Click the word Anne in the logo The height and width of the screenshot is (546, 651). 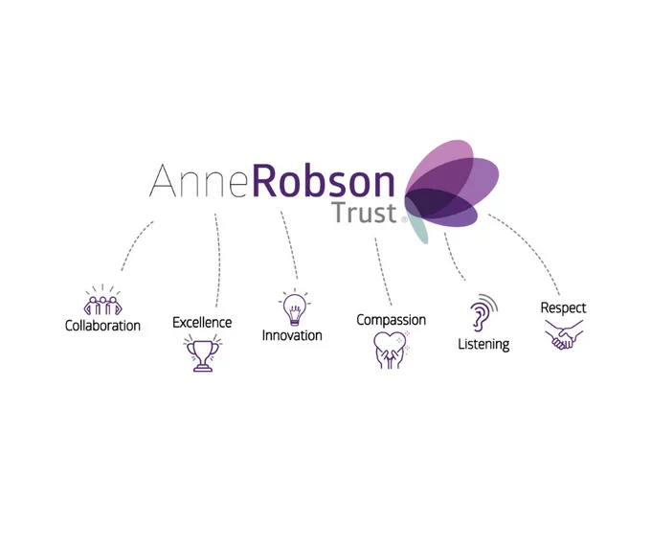click(x=200, y=181)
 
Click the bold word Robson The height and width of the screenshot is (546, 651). click(x=324, y=180)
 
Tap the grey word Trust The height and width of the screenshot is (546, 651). click(x=364, y=213)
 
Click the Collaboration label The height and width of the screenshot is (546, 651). click(x=102, y=326)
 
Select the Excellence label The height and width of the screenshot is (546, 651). click(x=202, y=323)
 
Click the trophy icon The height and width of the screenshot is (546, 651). click(x=203, y=353)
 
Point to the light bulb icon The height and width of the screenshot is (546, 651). click(x=294, y=307)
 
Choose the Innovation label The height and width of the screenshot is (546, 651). click(x=292, y=335)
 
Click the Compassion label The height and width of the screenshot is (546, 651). click(x=392, y=320)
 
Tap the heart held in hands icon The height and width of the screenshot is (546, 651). click(x=392, y=350)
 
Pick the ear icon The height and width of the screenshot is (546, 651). click(x=483, y=312)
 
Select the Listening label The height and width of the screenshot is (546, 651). click(x=483, y=344)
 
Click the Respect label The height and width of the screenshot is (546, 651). click(x=563, y=307)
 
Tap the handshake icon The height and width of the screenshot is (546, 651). click(x=564, y=334)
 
